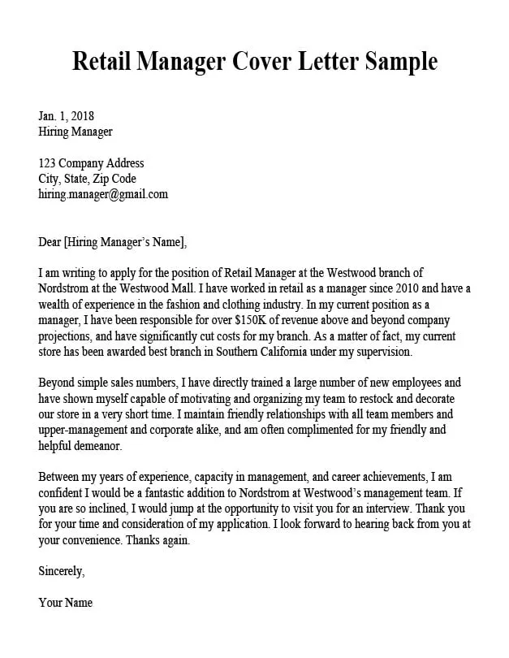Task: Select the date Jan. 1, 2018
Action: pyautogui.click(x=67, y=115)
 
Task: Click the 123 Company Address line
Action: pyautogui.click(x=91, y=163)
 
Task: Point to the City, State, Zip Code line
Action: pyautogui.click(x=87, y=179)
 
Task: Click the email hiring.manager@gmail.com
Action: pyautogui.click(x=103, y=194)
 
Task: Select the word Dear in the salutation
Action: pyautogui.click(x=50, y=241)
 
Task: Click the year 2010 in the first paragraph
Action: pyautogui.click(x=379, y=288)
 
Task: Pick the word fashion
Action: pyautogui.click(x=177, y=305)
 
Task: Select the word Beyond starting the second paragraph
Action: pyautogui.click(x=58, y=383)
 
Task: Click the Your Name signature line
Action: pyautogui.click(x=66, y=603)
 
